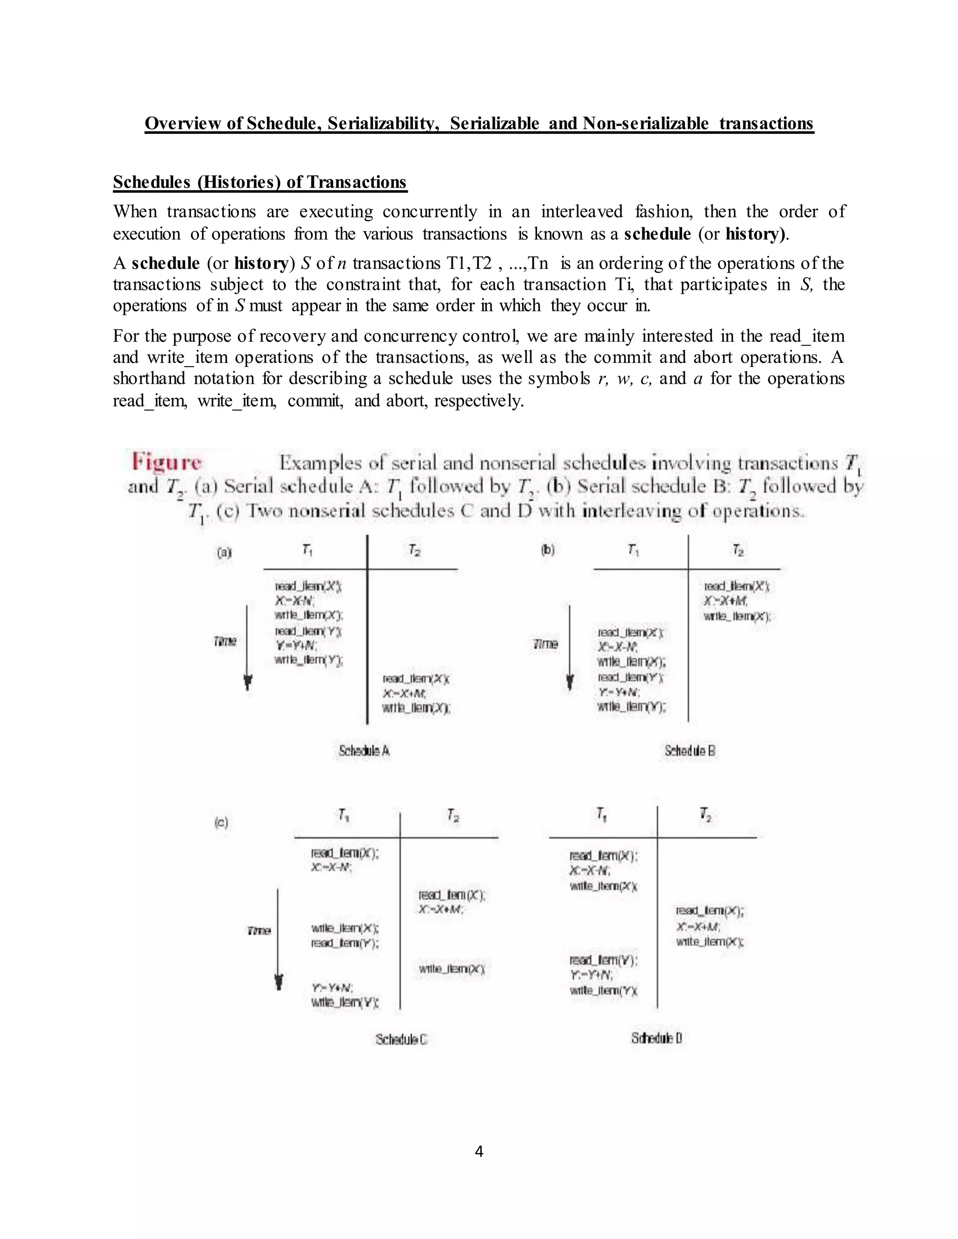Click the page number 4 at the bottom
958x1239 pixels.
479,1151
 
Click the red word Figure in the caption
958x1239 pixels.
166,462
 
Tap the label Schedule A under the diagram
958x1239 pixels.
364,750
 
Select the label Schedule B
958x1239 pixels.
689,750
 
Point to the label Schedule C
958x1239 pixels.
401,1039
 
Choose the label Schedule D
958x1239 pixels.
656,1037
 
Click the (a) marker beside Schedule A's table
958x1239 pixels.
224,551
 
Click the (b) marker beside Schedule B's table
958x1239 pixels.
547,550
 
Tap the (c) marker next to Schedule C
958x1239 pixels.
221,822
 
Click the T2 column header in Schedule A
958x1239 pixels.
414,550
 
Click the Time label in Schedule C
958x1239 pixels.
259,931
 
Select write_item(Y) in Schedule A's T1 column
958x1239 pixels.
309,660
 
